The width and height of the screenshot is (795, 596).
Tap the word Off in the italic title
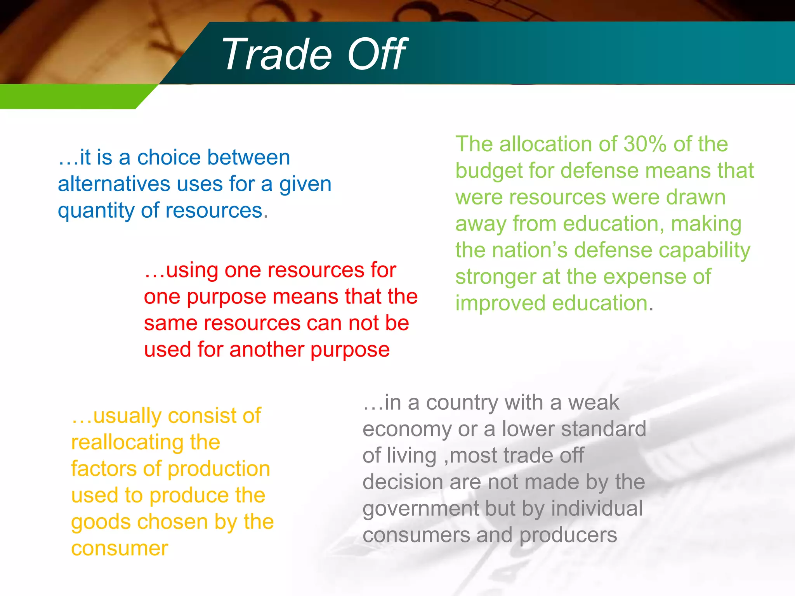[377, 54]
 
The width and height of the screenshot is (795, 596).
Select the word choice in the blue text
[169, 158]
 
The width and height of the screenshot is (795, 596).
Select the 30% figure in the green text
[645, 144]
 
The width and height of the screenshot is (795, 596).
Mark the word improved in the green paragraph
[500, 303]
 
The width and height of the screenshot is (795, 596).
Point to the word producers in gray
[568, 535]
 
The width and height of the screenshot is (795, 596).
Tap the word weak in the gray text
[594, 403]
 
